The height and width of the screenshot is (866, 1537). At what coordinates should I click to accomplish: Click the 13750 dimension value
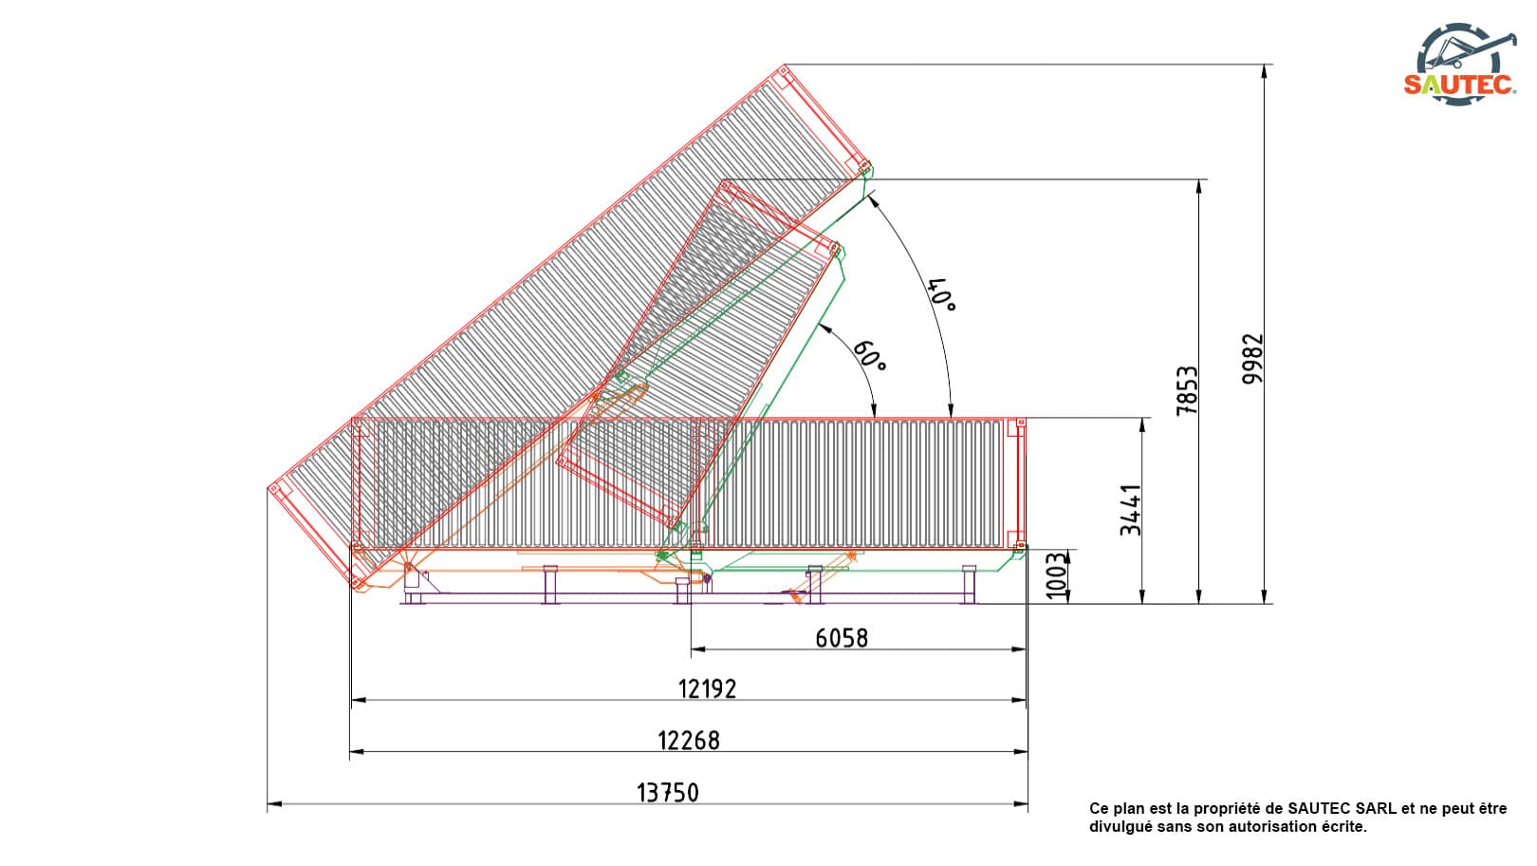(668, 793)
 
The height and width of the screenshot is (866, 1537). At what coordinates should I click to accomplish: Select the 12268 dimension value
(689, 741)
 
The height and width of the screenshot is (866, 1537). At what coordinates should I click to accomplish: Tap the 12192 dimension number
(707, 688)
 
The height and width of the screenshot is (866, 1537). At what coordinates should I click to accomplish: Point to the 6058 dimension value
(842, 638)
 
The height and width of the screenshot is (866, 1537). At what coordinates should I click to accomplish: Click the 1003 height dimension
(1057, 575)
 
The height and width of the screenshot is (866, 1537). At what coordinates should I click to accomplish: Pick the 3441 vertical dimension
(1130, 510)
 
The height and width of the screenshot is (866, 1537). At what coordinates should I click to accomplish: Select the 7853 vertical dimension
(1187, 391)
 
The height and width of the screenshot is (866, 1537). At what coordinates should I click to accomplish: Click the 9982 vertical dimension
(1252, 359)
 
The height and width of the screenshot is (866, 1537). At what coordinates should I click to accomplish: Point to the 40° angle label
(941, 294)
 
